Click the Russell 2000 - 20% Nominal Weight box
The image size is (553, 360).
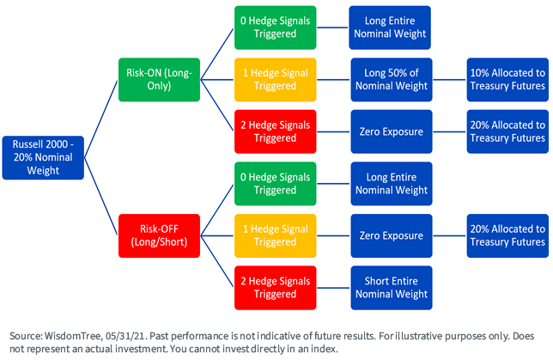pyautogui.click(x=43, y=158)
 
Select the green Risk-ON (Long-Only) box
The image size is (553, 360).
pyautogui.click(x=159, y=80)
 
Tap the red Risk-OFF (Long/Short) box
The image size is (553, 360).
pyautogui.click(x=159, y=235)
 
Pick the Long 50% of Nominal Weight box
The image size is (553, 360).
pyautogui.click(x=392, y=80)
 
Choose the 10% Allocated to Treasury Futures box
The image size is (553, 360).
pyautogui.click(x=507, y=80)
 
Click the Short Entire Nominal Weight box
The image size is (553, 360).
pyautogui.click(x=392, y=288)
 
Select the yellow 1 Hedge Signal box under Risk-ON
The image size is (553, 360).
pyautogui.click(x=275, y=80)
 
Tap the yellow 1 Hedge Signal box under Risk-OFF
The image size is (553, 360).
pyautogui.click(x=275, y=235)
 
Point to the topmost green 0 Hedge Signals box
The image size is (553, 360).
pyautogui.click(x=275, y=27)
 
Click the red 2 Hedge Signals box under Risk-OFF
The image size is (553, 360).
pyautogui.click(x=275, y=288)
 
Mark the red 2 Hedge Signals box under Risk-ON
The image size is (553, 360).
pyautogui.click(x=275, y=131)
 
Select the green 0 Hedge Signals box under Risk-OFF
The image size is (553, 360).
pyautogui.click(x=275, y=184)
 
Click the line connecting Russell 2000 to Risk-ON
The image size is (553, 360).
pyautogui.click(x=100, y=119)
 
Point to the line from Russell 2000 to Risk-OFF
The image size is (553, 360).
pyautogui.click(x=100, y=196)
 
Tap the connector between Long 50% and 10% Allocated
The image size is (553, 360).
pyautogui.click(x=450, y=80)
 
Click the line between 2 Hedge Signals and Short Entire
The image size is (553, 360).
pyautogui.click(x=333, y=288)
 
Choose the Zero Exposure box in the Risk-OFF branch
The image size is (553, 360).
pyautogui.click(x=392, y=235)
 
